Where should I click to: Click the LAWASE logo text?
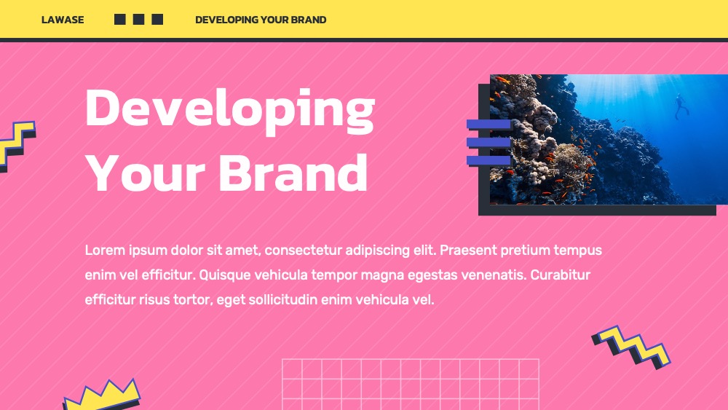tap(63, 20)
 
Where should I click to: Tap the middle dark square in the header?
tap(138, 19)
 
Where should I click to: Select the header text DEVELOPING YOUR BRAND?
tap(261, 20)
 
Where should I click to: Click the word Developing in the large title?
tap(230, 110)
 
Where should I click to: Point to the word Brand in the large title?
tap(293, 173)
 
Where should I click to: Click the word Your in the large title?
tap(146, 173)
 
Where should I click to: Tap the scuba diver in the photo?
tap(681, 106)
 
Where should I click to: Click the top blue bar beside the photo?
tap(488, 125)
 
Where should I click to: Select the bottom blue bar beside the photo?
tap(488, 161)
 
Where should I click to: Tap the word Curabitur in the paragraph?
tap(561, 275)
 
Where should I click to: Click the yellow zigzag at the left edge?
tap(17, 145)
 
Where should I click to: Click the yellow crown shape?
tap(102, 395)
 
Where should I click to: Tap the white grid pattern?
tap(411, 385)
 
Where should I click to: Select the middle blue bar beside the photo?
tap(488, 143)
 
